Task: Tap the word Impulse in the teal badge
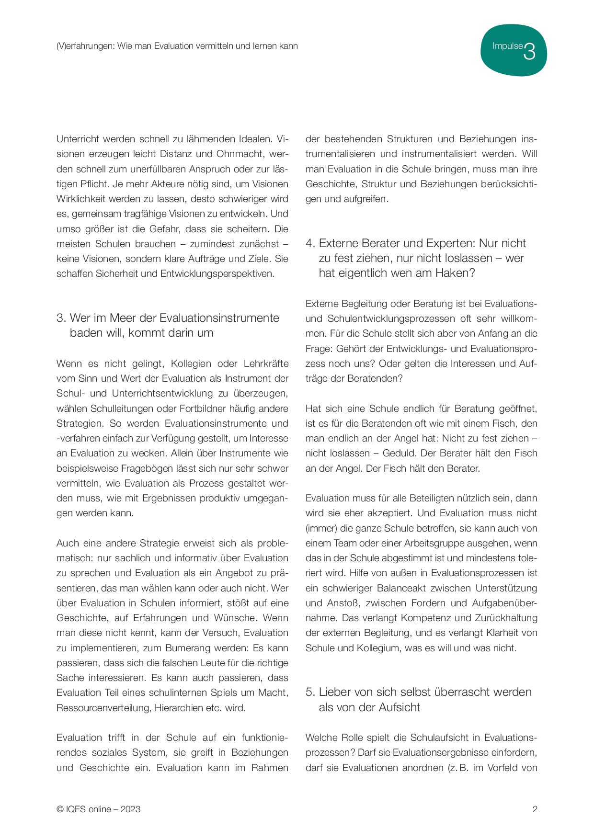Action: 507,46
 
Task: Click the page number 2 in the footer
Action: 535,809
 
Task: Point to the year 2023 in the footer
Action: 130,809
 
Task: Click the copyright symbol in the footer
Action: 60,809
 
